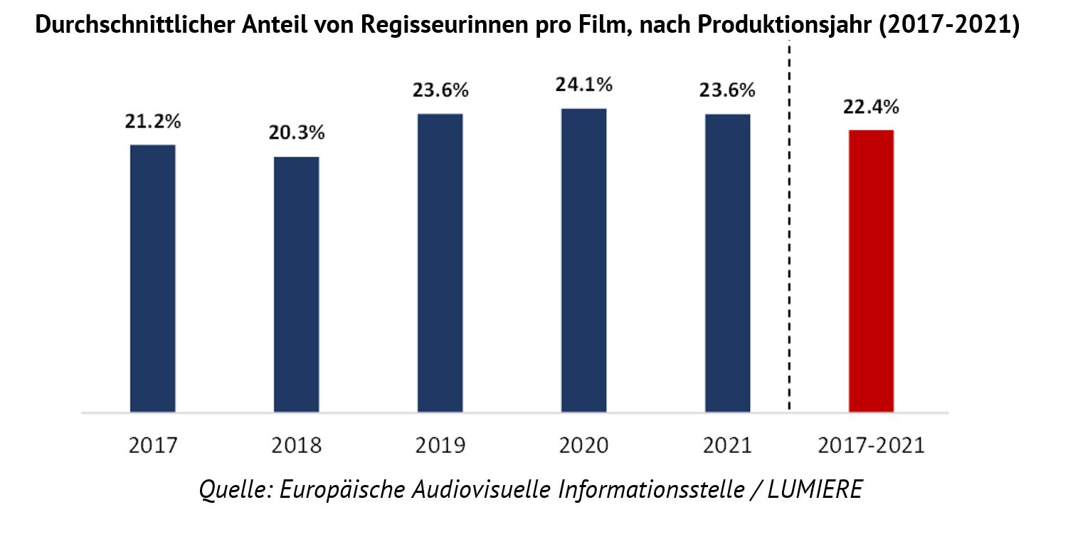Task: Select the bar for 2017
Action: tap(152, 278)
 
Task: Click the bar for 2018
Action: tap(297, 284)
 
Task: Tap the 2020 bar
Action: tap(583, 260)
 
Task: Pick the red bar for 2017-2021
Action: tap(871, 271)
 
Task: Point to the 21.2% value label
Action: tap(153, 121)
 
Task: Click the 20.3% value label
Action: tap(297, 133)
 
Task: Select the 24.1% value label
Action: tap(583, 85)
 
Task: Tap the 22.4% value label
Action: tap(871, 107)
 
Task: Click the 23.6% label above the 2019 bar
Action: tap(440, 90)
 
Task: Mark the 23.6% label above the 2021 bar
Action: tap(727, 90)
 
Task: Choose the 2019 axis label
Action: tap(440, 446)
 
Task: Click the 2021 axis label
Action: tap(727, 446)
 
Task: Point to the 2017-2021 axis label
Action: tap(871, 446)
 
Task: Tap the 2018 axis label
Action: tap(297, 446)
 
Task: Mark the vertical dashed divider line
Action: tap(790, 228)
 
